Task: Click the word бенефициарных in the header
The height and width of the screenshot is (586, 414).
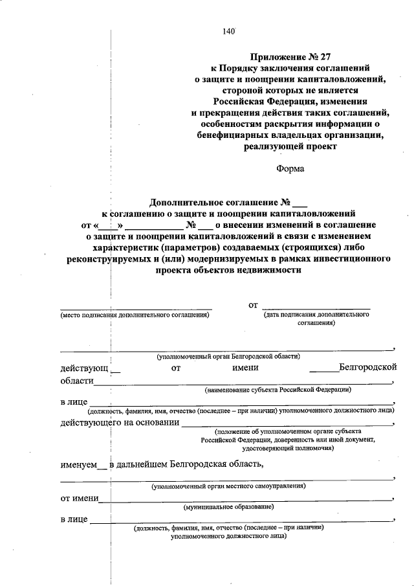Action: pos(229,135)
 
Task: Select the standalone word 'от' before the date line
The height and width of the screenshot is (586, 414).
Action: pos(254,304)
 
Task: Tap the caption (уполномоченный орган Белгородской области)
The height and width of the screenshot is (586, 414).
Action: pos(227,357)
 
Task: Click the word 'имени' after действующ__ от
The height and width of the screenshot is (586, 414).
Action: pos(246,368)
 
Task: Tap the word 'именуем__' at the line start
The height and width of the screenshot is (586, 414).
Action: pos(82,464)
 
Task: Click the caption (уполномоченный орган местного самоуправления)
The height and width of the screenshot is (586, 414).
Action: pos(229,486)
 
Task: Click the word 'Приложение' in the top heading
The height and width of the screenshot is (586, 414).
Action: pos(276,56)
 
